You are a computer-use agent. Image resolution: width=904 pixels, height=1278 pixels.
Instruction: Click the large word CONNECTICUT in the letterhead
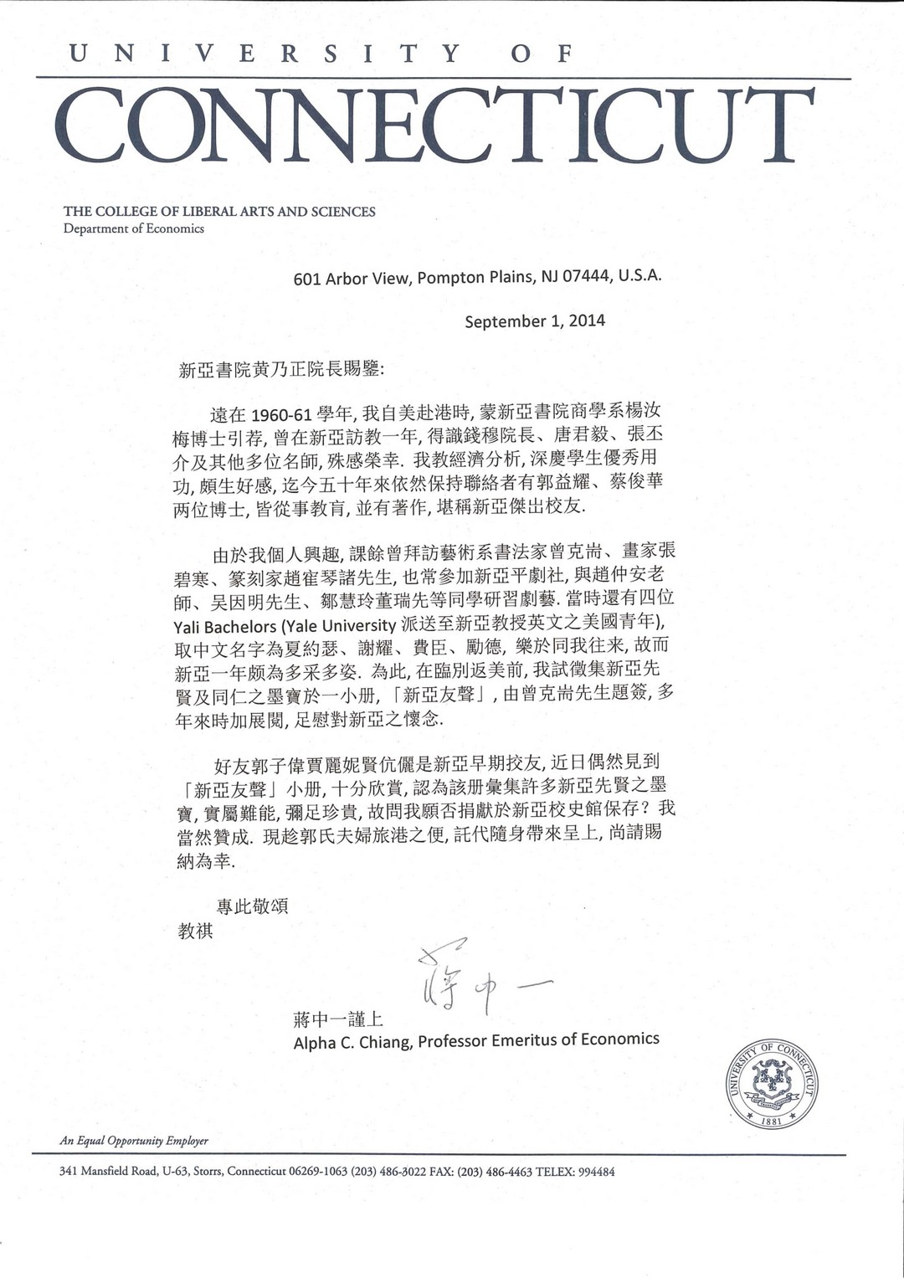435,126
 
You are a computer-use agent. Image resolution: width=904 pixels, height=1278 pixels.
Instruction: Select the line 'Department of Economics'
134,228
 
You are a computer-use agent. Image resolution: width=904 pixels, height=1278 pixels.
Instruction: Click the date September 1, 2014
535,321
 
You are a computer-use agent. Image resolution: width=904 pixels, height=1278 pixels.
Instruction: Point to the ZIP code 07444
587,276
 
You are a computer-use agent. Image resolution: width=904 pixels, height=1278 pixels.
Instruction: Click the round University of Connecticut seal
771,1084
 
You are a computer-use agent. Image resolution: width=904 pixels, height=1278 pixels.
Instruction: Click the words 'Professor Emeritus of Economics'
538,1040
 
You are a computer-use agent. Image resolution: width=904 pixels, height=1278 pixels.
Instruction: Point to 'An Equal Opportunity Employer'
134,1141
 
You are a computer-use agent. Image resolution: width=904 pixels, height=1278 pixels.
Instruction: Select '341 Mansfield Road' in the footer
108,1172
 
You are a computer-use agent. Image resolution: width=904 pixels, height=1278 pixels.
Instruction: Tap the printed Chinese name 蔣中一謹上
338,1019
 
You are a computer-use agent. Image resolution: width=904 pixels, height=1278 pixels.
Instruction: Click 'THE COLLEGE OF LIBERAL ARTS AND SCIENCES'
219,212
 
